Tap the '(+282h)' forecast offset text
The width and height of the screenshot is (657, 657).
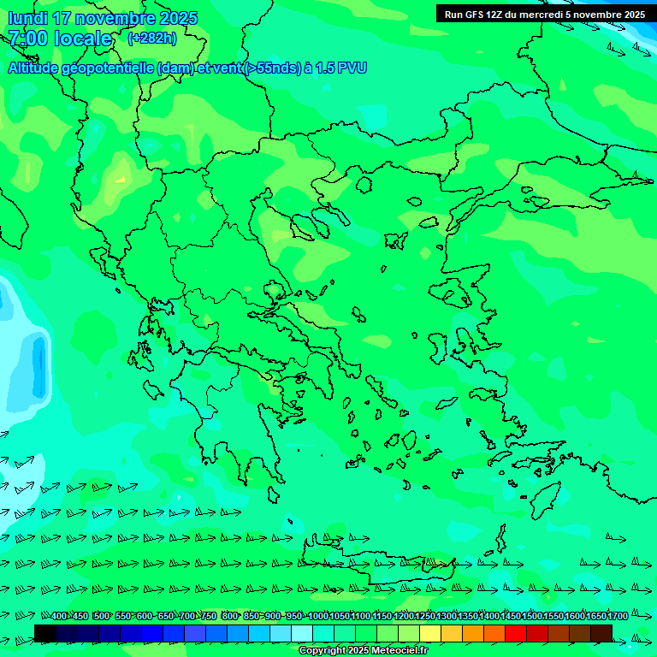[151, 38]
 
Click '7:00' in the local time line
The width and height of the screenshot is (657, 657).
[27, 38]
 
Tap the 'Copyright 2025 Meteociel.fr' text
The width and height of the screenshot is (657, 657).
[363, 651]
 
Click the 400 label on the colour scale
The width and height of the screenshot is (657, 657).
[59, 617]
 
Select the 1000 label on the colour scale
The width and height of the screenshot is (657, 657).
[317, 617]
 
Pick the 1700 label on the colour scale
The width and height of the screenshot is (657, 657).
[618, 617]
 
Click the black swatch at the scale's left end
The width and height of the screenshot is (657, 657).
[45, 633]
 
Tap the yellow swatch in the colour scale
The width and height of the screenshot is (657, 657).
[430, 633]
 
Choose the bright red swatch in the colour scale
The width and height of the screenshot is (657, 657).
[516, 633]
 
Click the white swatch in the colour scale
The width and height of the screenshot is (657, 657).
[302, 633]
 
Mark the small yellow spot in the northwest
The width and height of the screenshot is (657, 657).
[120, 179]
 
